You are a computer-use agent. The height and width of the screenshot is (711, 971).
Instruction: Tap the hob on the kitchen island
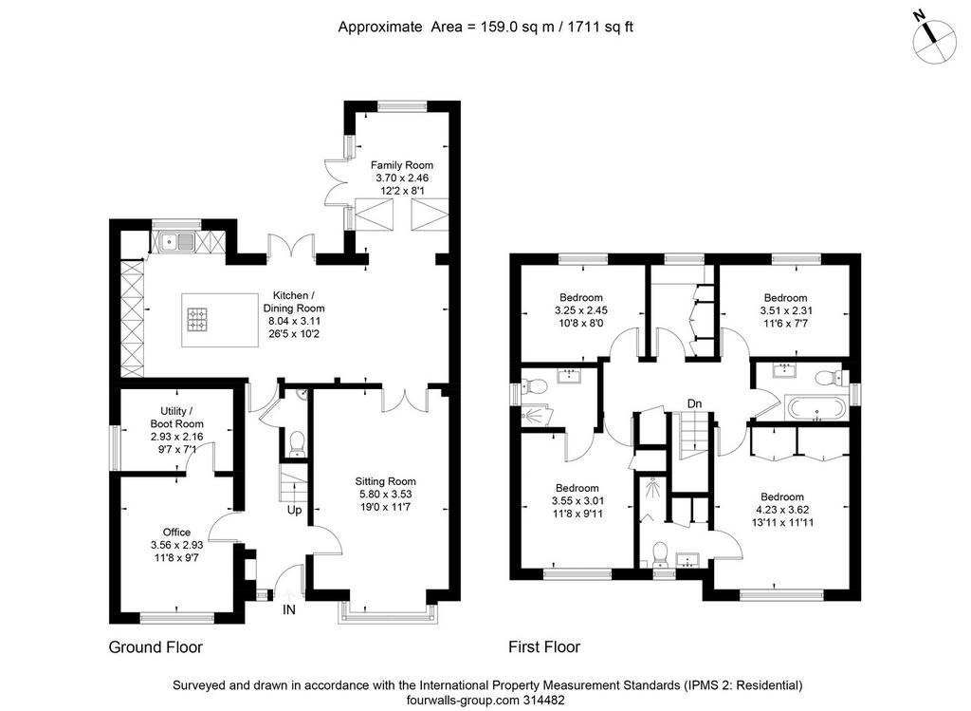click(x=197, y=319)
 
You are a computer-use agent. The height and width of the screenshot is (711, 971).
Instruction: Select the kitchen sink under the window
click(x=177, y=241)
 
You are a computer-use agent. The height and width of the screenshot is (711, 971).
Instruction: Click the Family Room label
click(x=402, y=165)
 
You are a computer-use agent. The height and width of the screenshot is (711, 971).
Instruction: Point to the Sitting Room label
click(x=385, y=481)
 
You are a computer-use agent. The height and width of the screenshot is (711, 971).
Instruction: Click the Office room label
click(x=176, y=532)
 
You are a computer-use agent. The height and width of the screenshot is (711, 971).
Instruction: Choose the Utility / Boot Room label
click(x=176, y=417)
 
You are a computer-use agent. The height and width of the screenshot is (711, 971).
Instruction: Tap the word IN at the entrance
click(x=289, y=610)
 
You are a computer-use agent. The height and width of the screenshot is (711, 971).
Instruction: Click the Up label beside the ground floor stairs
click(x=294, y=510)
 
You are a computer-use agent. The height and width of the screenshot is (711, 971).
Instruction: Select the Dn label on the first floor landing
click(x=695, y=404)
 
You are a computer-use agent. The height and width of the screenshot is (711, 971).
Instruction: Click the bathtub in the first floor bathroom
click(x=815, y=407)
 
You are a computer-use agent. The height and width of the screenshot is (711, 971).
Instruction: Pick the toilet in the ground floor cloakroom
click(x=297, y=443)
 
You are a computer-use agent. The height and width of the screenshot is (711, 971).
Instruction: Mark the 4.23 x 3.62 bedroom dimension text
click(x=782, y=510)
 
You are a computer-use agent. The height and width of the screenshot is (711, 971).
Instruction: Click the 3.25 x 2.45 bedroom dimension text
click(x=581, y=310)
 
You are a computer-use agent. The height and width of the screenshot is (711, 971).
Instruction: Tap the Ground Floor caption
click(x=156, y=647)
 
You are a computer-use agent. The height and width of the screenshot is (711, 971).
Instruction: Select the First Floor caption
click(x=544, y=647)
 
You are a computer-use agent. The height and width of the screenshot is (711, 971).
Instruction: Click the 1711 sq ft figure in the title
click(x=600, y=27)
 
